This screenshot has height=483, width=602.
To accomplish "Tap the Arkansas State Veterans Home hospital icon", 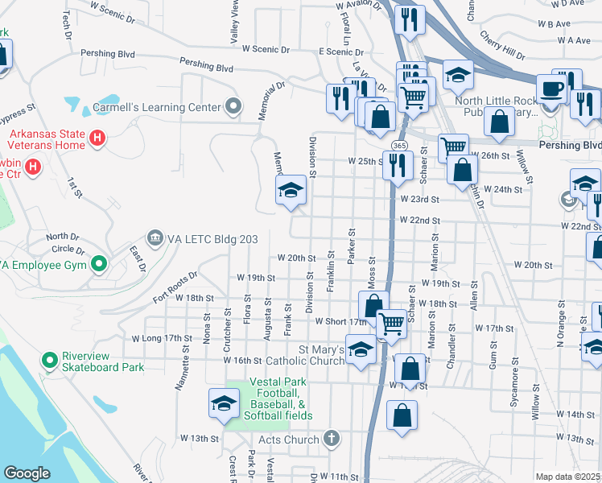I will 97,138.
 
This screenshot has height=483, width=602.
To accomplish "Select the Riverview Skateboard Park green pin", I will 50,360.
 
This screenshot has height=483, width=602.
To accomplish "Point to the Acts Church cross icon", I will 330,439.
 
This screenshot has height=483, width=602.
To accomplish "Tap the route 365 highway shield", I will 399,144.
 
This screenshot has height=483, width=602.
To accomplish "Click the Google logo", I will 27,473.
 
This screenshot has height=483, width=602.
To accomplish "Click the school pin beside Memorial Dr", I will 291,190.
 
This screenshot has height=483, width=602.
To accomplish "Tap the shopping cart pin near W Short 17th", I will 391,324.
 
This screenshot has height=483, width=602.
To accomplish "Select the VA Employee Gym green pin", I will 98,263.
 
